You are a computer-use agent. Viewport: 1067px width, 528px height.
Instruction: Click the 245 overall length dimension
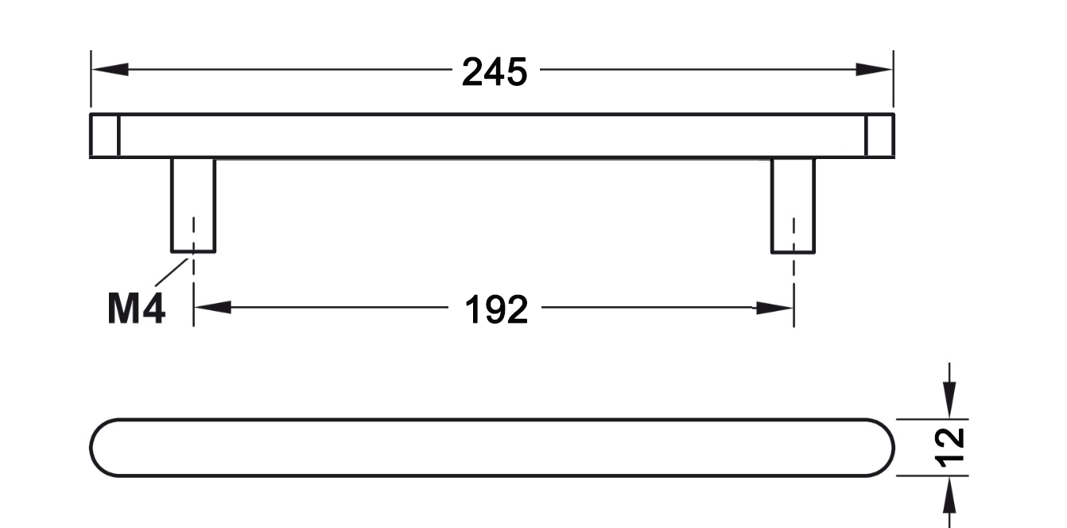click(x=495, y=72)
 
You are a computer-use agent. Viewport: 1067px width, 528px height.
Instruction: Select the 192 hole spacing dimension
click(x=495, y=309)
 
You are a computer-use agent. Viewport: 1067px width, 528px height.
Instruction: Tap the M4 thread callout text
click(x=136, y=309)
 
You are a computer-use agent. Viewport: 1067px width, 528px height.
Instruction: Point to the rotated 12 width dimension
click(x=952, y=447)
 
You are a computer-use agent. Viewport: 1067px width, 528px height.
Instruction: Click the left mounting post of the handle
click(x=193, y=204)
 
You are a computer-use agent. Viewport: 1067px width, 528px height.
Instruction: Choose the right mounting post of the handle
click(x=793, y=204)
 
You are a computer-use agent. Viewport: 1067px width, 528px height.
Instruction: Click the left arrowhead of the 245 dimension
click(x=110, y=70)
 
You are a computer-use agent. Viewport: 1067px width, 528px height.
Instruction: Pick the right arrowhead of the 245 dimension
click(x=875, y=70)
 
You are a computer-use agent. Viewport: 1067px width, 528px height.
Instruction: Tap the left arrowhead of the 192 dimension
click(x=212, y=308)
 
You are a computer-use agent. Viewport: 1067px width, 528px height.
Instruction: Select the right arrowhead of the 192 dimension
click(x=774, y=308)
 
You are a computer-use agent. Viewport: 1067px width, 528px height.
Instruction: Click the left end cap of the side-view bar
click(x=104, y=136)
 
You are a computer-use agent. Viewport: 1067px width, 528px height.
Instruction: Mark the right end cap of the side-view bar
click(x=879, y=136)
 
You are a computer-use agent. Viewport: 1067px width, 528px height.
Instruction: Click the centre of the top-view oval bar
click(x=492, y=448)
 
